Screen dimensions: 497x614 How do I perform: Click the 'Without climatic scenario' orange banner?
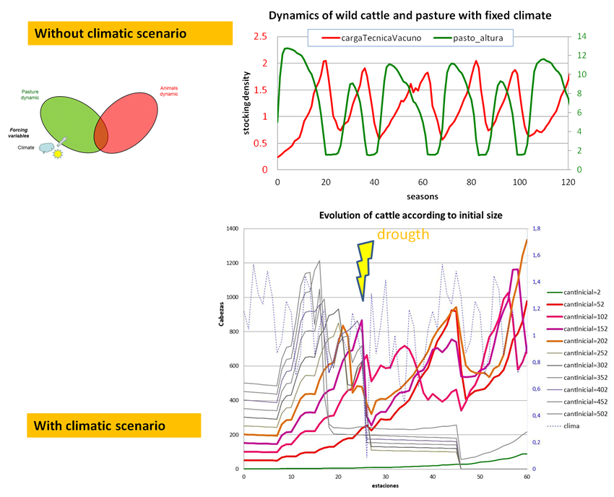(130, 33)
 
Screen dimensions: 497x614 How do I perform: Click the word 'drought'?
(402, 235)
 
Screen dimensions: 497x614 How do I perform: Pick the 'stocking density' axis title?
(247, 102)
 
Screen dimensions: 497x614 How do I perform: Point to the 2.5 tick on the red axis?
(260, 37)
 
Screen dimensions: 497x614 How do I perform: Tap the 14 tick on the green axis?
(581, 37)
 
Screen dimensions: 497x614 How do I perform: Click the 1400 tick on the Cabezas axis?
(231, 229)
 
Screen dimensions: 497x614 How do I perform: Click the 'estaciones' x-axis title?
(386, 485)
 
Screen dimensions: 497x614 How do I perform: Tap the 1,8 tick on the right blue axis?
(537, 229)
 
